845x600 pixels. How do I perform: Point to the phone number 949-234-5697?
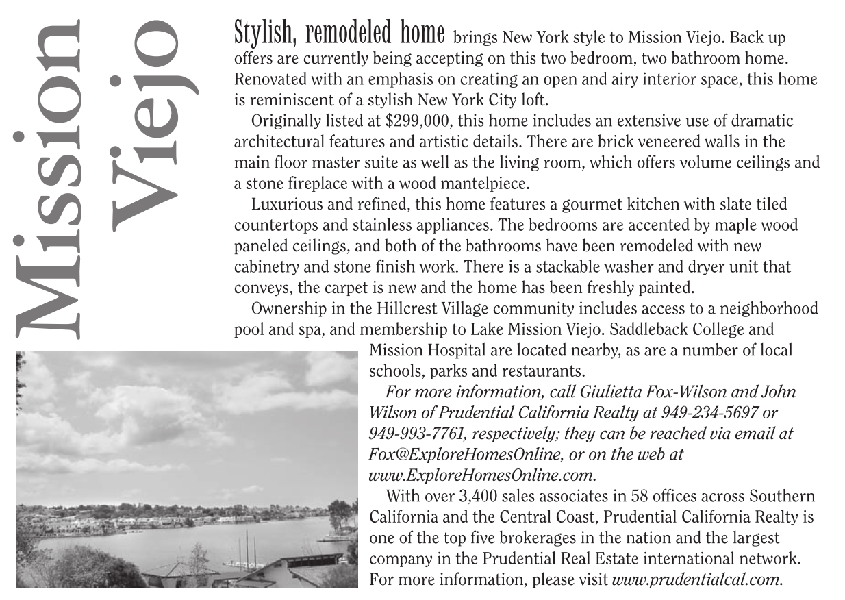(x=713, y=413)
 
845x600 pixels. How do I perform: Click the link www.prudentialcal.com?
(x=697, y=579)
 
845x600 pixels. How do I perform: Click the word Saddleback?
(x=631, y=329)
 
